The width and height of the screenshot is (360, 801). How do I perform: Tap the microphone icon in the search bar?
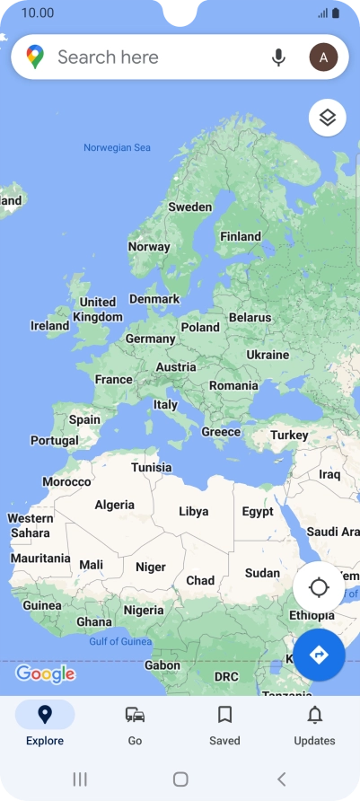click(279, 57)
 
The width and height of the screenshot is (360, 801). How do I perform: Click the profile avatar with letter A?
click(323, 57)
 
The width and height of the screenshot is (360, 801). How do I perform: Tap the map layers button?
click(328, 118)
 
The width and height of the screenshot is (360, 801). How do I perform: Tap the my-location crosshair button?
click(319, 588)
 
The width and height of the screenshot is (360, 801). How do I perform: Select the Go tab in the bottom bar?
click(135, 725)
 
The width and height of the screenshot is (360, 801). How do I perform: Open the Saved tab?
click(224, 725)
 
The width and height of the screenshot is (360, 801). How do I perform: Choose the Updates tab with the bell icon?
click(314, 725)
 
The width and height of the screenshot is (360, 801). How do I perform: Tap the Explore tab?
click(45, 725)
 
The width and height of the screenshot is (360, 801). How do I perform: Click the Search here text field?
click(153, 57)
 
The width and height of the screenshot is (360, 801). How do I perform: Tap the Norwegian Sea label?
click(118, 148)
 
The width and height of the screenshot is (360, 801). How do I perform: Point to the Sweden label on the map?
click(190, 207)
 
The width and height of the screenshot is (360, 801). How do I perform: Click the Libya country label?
click(193, 512)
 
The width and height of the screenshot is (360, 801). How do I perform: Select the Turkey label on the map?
click(289, 436)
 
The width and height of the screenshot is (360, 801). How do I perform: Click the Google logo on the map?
click(45, 673)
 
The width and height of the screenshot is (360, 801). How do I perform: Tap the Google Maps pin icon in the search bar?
click(35, 57)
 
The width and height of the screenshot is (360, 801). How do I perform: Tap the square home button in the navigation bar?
click(180, 779)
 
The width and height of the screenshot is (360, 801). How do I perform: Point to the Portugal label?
click(55, 441)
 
